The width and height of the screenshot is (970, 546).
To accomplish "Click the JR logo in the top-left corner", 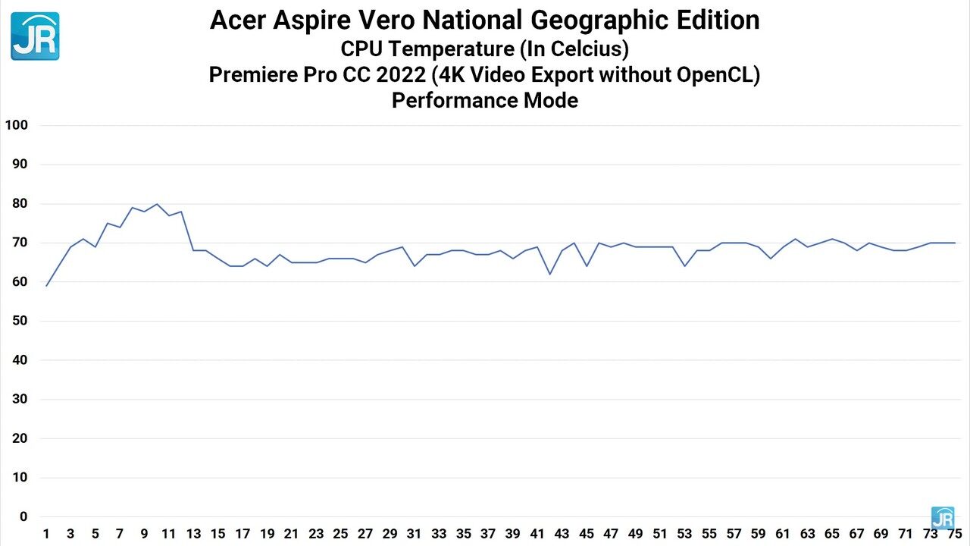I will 35,36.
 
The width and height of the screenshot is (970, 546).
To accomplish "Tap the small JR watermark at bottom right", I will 942,518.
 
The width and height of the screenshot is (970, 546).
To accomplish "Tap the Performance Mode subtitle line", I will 485,100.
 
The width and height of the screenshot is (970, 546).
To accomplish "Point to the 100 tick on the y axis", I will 16,125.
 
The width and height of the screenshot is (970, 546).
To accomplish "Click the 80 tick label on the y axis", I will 19,203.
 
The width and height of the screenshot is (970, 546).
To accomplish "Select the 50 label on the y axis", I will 19,321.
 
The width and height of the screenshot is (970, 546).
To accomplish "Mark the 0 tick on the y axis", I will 23,517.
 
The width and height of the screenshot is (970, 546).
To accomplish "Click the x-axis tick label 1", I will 46,534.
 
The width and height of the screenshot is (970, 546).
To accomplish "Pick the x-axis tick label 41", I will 537,534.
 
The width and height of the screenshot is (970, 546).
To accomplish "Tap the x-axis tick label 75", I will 955,534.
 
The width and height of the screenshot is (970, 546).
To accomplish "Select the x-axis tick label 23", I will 316,534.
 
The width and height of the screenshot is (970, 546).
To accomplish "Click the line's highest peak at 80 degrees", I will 157,204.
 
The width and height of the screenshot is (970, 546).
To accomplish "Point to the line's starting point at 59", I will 46,286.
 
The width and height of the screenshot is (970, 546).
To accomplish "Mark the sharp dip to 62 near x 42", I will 549,274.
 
